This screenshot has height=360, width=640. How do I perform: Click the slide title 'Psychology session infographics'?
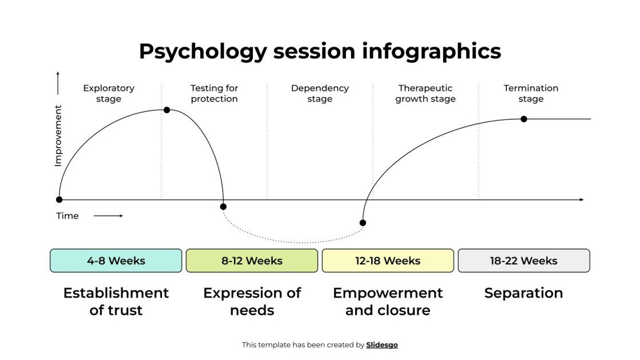(x=320, y=51)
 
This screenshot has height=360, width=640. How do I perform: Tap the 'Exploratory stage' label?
(x=109, y=93)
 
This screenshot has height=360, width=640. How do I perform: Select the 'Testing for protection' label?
(x=214, y=93)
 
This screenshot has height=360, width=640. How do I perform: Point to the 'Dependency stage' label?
(x=320, y=93)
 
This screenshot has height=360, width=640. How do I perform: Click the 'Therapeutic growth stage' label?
(x=426, y=93)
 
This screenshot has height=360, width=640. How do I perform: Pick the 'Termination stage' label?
(x=531, y=93)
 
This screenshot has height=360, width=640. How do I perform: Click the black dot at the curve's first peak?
(x=166, y=109)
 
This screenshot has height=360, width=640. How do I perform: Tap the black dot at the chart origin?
(x=59, y=200)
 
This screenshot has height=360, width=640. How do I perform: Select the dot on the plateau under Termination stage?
(x=523, y=119)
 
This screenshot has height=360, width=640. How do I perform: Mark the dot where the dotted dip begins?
(x=223, y=207)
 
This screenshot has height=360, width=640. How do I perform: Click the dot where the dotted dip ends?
(x=363, y=223)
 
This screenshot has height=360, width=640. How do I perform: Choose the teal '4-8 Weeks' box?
(x=116, y=260)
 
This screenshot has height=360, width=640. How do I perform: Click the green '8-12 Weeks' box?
(x=252, y=260)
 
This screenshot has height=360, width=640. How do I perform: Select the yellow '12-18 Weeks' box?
(x=388, y=260)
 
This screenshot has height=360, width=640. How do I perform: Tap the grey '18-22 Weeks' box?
(x=523, y=260)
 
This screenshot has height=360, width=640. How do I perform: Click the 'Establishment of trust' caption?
(x=116, y=301)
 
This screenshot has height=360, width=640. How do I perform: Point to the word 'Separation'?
(x=523, y=293)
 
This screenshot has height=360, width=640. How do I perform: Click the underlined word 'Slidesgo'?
(x=382, y=345)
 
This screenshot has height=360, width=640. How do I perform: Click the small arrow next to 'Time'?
(x=108, y=216)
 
